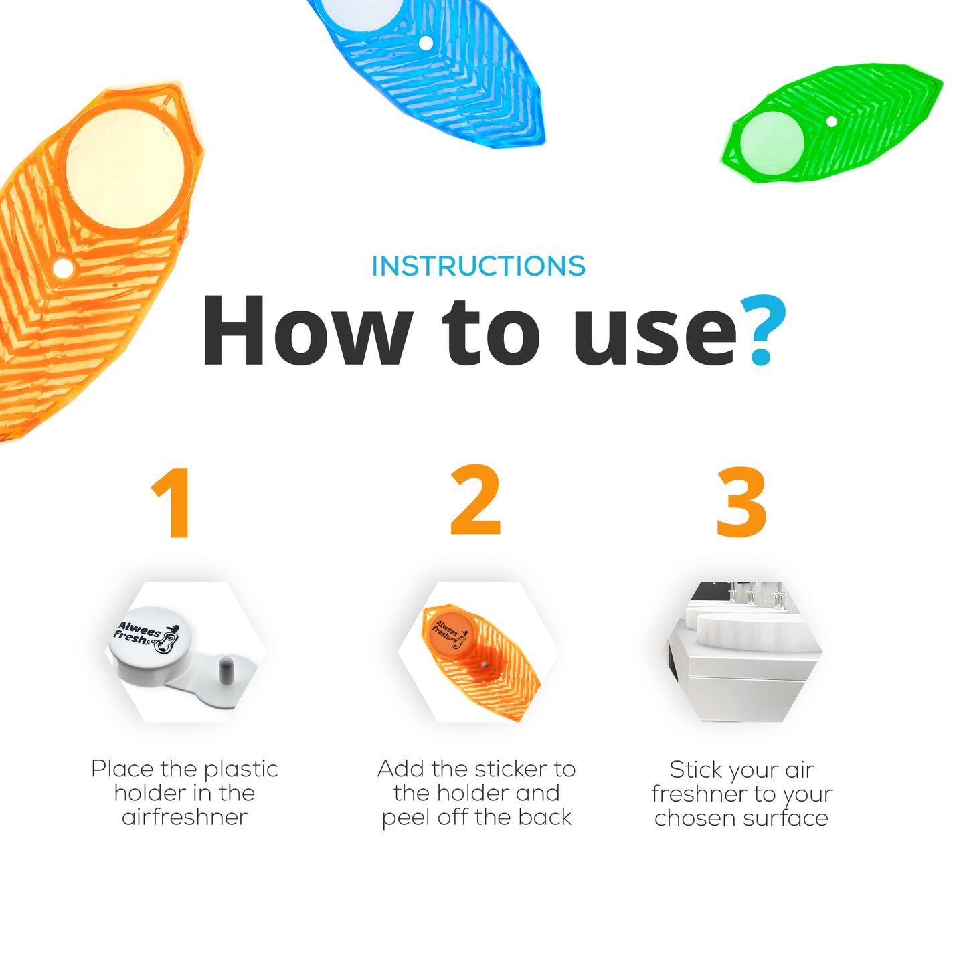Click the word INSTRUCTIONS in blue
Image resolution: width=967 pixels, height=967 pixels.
(478, 266)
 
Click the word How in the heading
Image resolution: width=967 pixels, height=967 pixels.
(308, 331)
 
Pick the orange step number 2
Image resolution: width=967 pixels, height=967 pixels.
(476, 500)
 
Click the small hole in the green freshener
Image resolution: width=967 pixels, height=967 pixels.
(832, 121)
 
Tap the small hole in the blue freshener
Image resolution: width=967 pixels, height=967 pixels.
(426, 43)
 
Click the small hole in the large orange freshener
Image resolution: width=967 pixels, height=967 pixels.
(63, 268)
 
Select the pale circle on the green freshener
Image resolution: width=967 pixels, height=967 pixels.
(772, 143)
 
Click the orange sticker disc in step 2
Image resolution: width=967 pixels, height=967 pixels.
(449, 632)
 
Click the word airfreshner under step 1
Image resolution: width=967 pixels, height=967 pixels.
(185, 818)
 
